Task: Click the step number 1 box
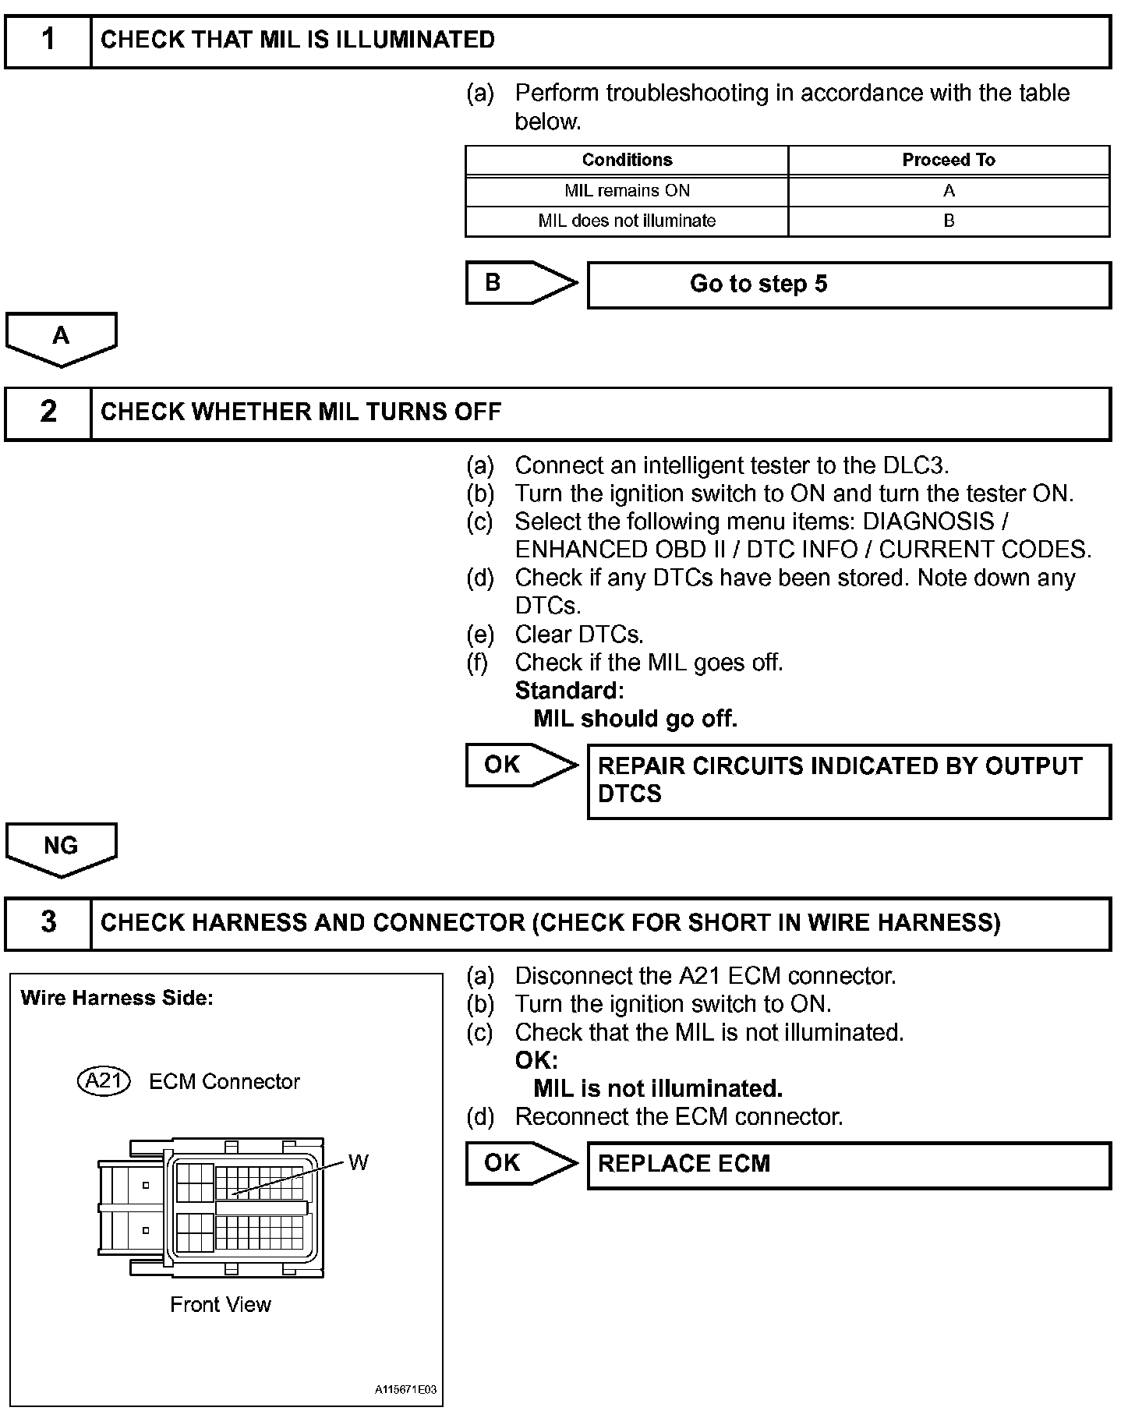pyautogui.click(x=48, y=41)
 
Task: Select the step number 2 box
pyautogui.click(x=48, y=412)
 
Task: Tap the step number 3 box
pyautogui.click(x=48, y=923)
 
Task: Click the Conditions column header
pyautogui.click(x=627, y=161)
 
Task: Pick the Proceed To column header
pyautogui.click(x=949, y=161)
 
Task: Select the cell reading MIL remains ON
pyautogui.click(x=627, y=191)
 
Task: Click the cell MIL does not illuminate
pyautogui.click(x=627, y=221)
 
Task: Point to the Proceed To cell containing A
pyautogui.click(x=949, y=191)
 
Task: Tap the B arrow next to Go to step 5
pyautogui.click(x=518, y=283)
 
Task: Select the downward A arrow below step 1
pyautogui.click(x=61, y=338)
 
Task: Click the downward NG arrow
pyautogui.click(x=61, y=847)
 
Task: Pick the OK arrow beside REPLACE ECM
pyautogui.click(x=518, y=1163)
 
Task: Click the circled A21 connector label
pyautogui.click(x=104, y=1081)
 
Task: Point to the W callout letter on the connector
pyautogui.click(x=358, y=1163)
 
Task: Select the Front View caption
pyautogui.click(x=221, y=1305)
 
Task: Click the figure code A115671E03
pyautogui.click(x=405, y=1390)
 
